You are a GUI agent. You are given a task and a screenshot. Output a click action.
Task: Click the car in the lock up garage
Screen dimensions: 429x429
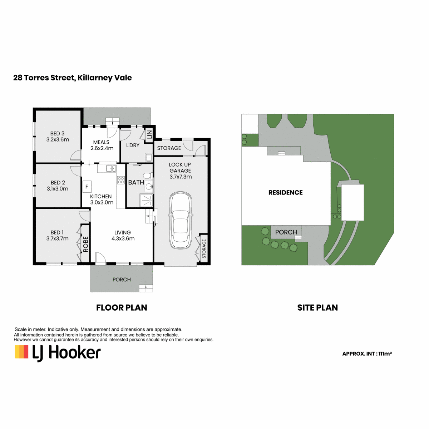click(x=180, y=220)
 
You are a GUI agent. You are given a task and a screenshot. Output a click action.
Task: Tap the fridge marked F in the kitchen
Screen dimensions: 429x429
click(x=87, y=187)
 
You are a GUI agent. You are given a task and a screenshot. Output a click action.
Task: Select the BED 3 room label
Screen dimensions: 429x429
click(x=57, y=133)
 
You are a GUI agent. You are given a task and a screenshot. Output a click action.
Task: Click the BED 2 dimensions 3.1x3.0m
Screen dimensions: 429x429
click(x=58, y=188)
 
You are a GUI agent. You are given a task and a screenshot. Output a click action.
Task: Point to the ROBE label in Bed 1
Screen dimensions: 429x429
click(x=86, y=244)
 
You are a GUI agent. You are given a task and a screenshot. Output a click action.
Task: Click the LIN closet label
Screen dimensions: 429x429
click(x=149, y=134)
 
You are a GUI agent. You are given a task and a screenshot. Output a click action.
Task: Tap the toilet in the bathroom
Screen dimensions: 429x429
click(x=148, y=176)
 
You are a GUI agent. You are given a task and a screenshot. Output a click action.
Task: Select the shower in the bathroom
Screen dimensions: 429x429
click(x=146, y=200)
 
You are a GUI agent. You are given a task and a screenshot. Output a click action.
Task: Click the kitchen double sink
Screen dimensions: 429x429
click(x=111, y=168)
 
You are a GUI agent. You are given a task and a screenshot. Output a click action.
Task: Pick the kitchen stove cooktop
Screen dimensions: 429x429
click(x=121, y=180)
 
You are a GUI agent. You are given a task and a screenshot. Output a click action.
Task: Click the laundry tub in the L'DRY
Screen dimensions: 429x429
click(x=148, y=158)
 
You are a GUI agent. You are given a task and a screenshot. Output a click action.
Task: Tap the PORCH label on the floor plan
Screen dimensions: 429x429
click(x=122, y=280)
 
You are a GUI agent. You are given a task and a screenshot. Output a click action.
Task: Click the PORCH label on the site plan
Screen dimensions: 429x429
click(x=286, y=232)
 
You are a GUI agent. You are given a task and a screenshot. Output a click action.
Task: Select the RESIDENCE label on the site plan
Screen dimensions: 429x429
click(x=285, y=193)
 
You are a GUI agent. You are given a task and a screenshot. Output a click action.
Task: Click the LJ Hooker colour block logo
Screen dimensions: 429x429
click(x=21, y=352)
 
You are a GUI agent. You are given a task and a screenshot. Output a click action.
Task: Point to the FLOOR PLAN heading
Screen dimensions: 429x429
click(x=122, y=307)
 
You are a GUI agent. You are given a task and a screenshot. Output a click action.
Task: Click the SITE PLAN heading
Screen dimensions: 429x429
click(x=317, y=307)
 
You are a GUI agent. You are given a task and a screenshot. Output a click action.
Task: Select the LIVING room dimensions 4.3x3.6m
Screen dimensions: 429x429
click(x=123, y=238)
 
